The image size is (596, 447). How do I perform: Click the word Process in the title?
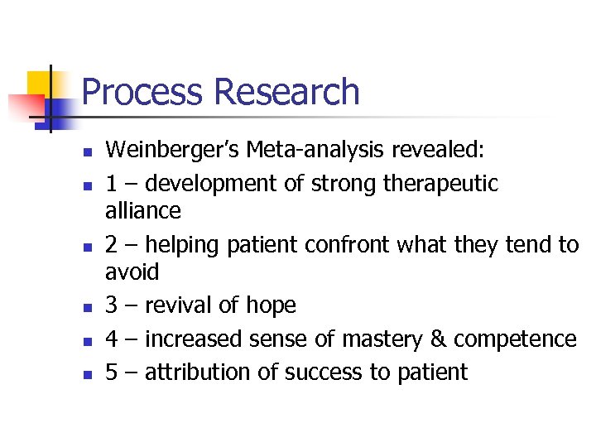[x=142, y=93]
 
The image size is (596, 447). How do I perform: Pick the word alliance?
[x=143, y=211]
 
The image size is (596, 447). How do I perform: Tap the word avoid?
[x=132, y=272]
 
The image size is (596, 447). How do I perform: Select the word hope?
[x=271, y=305]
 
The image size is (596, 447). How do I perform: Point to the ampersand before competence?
[x=439, y=339]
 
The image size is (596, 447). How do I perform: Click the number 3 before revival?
[x=112, y=305]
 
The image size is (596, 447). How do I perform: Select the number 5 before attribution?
[x=112, y=372]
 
